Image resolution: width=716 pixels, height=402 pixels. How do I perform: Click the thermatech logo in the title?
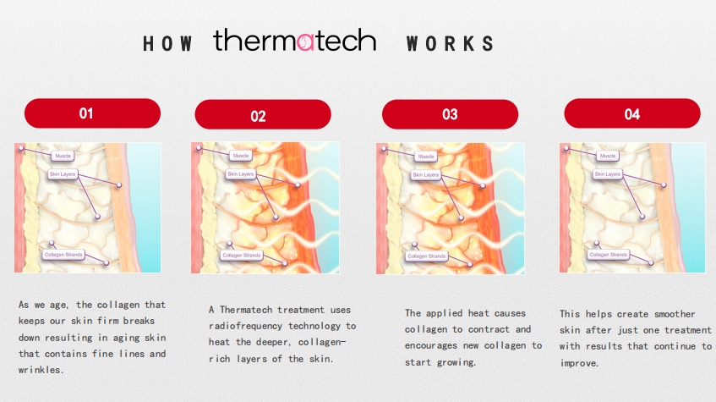(294, 40)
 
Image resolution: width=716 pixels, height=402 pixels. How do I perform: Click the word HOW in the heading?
(167, 44)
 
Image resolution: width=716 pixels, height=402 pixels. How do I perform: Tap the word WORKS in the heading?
(450, 44)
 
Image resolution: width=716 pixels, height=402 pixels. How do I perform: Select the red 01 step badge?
(92, 113)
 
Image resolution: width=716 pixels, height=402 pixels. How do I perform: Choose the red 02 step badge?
(263, 114)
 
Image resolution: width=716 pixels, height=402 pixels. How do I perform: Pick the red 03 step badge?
(450, 114)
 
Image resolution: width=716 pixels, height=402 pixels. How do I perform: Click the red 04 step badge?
(632, 113)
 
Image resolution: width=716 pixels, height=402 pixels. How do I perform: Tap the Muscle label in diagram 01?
(63, 156)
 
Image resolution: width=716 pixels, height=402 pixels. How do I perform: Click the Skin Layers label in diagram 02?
(241, 174)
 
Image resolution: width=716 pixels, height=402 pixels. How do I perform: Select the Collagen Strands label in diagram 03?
(427, 256)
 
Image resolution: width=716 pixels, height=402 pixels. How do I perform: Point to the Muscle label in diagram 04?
(608, 156)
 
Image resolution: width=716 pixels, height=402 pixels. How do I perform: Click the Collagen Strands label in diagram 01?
(63, 255)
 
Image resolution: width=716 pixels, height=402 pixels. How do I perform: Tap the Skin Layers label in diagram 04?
(607, 174)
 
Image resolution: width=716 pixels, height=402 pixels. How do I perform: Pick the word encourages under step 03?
(430, 346)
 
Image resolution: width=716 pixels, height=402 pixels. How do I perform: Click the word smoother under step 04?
(675, 314)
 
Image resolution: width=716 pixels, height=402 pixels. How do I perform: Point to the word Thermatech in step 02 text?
(246, 310)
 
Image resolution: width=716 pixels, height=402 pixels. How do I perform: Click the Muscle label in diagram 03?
(426, 157)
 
